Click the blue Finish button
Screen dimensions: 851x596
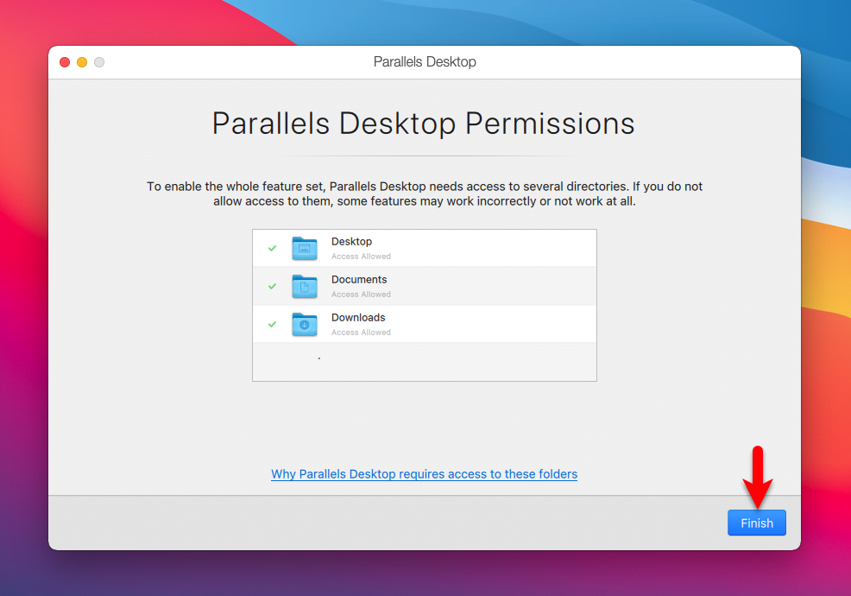757,523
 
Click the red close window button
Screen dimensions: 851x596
65,62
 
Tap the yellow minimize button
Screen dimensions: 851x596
82,62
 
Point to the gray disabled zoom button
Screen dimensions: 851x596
99,62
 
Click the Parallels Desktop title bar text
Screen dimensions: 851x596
425,62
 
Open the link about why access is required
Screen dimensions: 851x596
424,473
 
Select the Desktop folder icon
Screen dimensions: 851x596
305,248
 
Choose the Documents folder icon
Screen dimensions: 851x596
305,286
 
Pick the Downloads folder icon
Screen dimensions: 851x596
305,325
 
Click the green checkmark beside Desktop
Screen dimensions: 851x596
273,248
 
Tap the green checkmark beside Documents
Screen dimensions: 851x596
273,286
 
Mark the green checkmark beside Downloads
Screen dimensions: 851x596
273,325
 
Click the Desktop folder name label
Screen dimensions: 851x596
351,242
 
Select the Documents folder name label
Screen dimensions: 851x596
359,279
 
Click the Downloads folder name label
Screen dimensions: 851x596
358,317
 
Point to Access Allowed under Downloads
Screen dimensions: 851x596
361,332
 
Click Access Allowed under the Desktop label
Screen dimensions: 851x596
361,256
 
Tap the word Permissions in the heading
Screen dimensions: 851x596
550,124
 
